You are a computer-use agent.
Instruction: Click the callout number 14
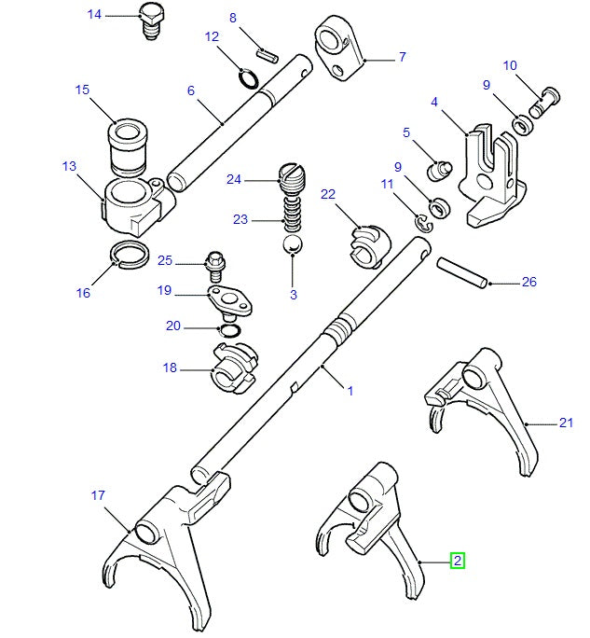click(x=94, y=14)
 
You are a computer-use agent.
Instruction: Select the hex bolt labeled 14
click(x=151, y=21)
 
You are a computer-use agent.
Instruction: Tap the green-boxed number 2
click(x=457, y=561)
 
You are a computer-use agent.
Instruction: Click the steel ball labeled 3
click(x=293, y=245)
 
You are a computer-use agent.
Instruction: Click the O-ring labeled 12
click(x=246, y=76)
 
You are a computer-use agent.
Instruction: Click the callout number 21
click(x=565, y=423)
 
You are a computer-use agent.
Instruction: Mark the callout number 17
click(x=98, y=495)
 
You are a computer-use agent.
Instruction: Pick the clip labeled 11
click(x=422, y=221)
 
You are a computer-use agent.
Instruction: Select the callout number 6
click(x=190, y=90)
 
